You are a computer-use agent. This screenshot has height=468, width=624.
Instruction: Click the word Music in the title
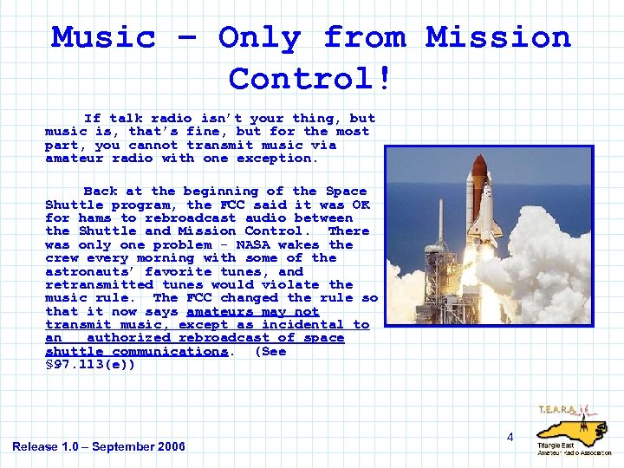coord(103,37)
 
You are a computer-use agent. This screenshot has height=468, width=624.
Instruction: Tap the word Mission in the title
coord(497,37)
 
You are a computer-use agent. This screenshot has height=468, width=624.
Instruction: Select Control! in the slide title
coord(311,79)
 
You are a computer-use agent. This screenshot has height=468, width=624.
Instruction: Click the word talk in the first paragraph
coord(126,118)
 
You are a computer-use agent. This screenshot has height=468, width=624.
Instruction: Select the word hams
coord(94,218)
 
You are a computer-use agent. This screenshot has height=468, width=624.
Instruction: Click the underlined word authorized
coord(129,338)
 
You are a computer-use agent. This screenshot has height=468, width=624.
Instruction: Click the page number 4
coord(510,437)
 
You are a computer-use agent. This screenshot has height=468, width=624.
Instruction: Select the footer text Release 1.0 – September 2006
coord(99,446)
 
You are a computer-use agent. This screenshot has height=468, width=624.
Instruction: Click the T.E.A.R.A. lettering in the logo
coord(561,409)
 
